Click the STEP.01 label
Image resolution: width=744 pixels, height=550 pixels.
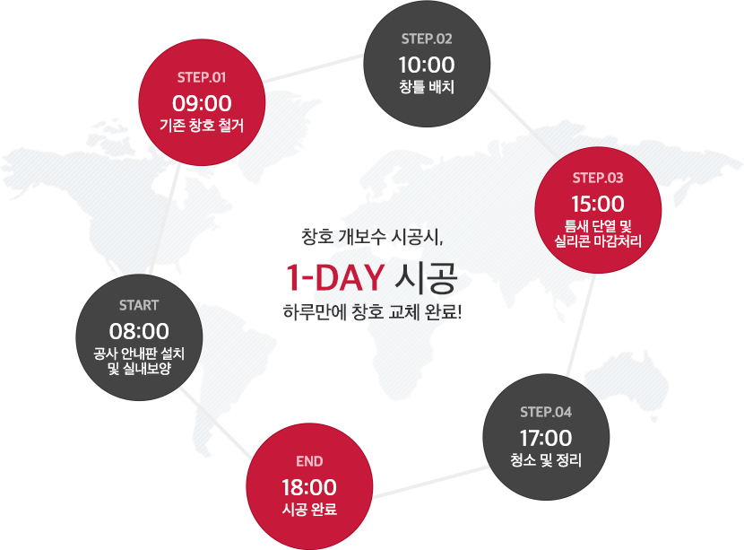(x=202, y=77)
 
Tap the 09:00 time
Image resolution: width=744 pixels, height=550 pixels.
(x=202, y=103)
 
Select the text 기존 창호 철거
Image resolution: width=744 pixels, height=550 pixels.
(x=202, y=126)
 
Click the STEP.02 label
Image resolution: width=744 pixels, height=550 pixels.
(x=427, y=39)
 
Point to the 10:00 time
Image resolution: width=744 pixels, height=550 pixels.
(x=427, y=65)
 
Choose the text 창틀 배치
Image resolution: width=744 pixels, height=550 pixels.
(x=427, y=87)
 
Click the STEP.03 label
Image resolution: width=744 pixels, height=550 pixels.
(x=598, y=179)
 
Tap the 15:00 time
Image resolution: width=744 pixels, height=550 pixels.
(x=598, y=204)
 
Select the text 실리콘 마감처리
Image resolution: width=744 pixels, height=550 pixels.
(x=598, y=241)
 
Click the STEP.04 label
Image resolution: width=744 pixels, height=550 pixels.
(x=546, y=412)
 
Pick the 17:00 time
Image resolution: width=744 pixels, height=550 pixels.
(x=546, y=438)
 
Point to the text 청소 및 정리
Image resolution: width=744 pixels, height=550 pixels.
(x=546, y=459)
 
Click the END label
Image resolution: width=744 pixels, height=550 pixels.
(x=309, y=461)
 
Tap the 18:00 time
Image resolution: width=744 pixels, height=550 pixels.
(x=309, y=487)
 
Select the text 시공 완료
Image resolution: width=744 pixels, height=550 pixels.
(x=309, y=509)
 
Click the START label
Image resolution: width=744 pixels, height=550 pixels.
(x=139, y=305)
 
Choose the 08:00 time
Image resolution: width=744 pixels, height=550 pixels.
(x=139, y=331)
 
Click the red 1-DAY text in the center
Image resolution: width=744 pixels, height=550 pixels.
(x=335, y=277)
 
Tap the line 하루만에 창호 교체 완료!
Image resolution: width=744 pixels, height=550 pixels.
(x=372, y=312)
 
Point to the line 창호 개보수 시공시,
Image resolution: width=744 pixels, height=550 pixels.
(x=372, y=237)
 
